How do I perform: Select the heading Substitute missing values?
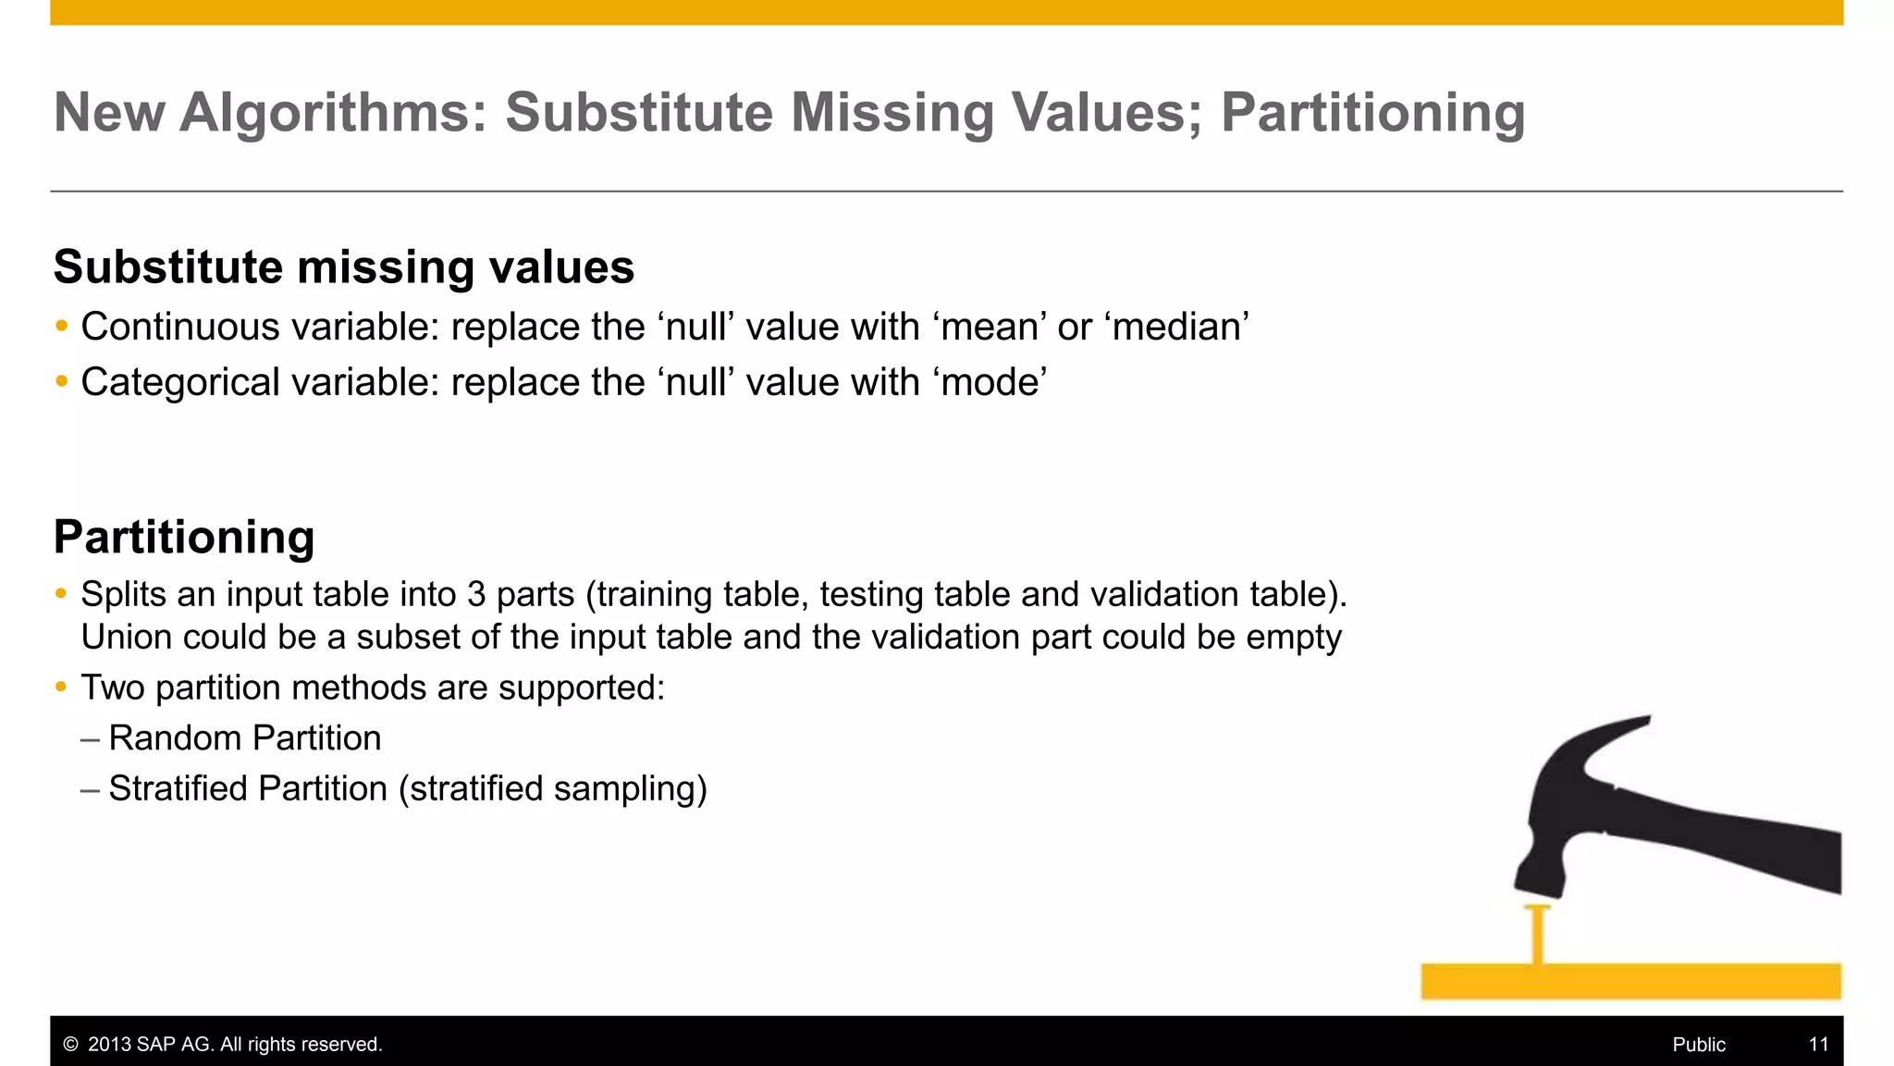tap(343, 267)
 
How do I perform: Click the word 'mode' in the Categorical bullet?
tap(993, 383)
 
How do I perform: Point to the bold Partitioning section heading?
tap(184, 538)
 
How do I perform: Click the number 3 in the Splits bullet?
tap(476, 595)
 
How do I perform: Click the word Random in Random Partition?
tap(175, 738)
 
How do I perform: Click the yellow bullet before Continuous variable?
tap(62, 326)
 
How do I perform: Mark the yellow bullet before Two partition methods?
tap(62, 687)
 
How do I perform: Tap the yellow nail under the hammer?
tap(1537, 935)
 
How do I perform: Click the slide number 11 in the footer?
tap(1818, 1045)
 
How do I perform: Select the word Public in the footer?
tap(1699, 1045)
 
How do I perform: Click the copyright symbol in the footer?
tap(70, 1045)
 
